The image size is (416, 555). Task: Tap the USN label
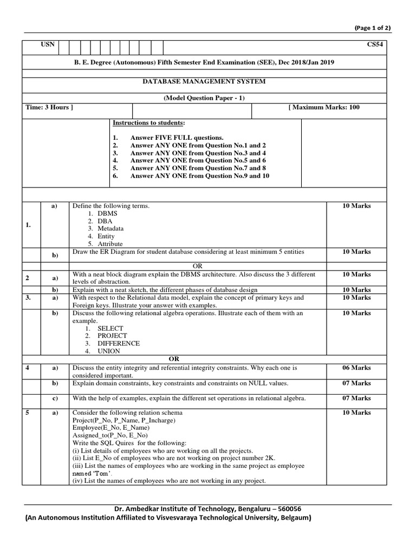click(x=48, y=45)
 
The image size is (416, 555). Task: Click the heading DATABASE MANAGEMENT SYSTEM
click(x=204, y=82)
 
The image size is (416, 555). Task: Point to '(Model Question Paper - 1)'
click(x=204, y=98)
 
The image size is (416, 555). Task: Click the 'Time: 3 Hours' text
click(x=49, y=107)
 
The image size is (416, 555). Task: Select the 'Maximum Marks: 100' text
click(x=324, y=107)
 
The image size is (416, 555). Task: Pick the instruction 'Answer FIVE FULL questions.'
click(x=177, y=138)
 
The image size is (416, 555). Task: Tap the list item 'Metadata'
click(x=112, y=229)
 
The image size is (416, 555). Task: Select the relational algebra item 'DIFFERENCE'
click(x=118, y=344)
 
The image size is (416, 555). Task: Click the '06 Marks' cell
click(x=356, y=368)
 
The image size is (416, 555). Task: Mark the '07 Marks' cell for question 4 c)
click(x=356, y=398)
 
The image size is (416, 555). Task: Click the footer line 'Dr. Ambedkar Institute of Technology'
click(x=207, y=509)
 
